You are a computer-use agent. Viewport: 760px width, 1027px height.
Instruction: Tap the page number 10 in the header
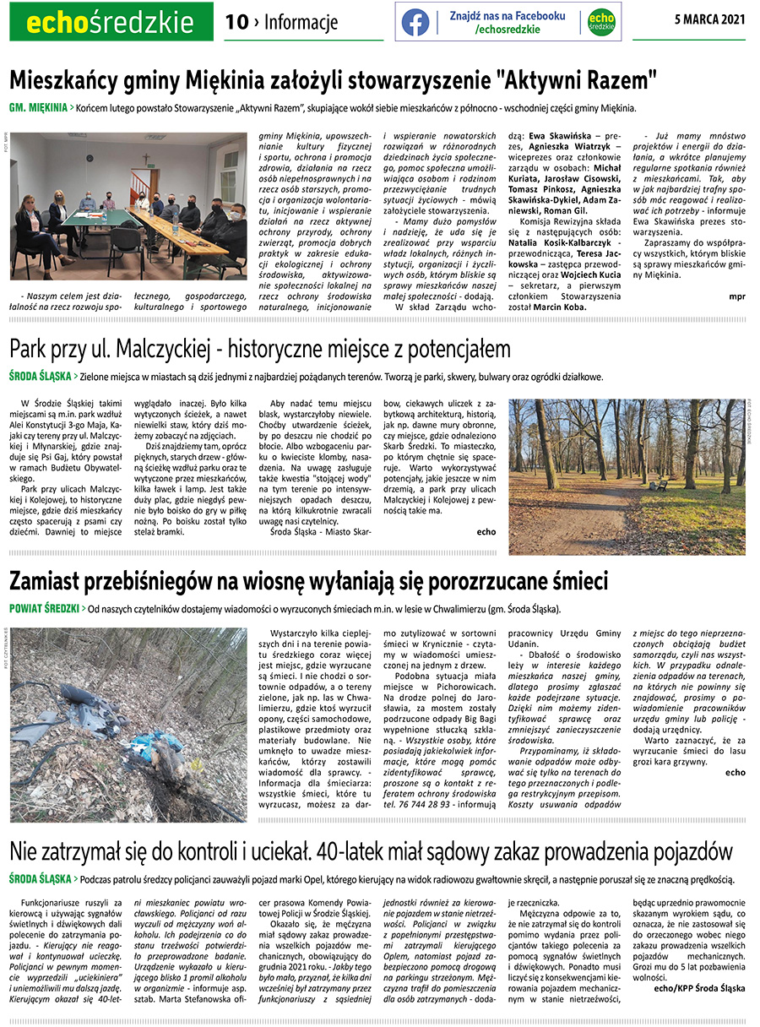(236, 23)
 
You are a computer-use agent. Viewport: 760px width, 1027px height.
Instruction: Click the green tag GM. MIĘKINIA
(39, 108)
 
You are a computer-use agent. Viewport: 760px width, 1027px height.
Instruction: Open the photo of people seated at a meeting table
(128, 207)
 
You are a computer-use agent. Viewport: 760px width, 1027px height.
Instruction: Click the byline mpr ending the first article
(736, 296)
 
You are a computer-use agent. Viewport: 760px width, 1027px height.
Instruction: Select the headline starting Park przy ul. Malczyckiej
(260, 348)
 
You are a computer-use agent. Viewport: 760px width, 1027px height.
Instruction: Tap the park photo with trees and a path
(627, 476)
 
